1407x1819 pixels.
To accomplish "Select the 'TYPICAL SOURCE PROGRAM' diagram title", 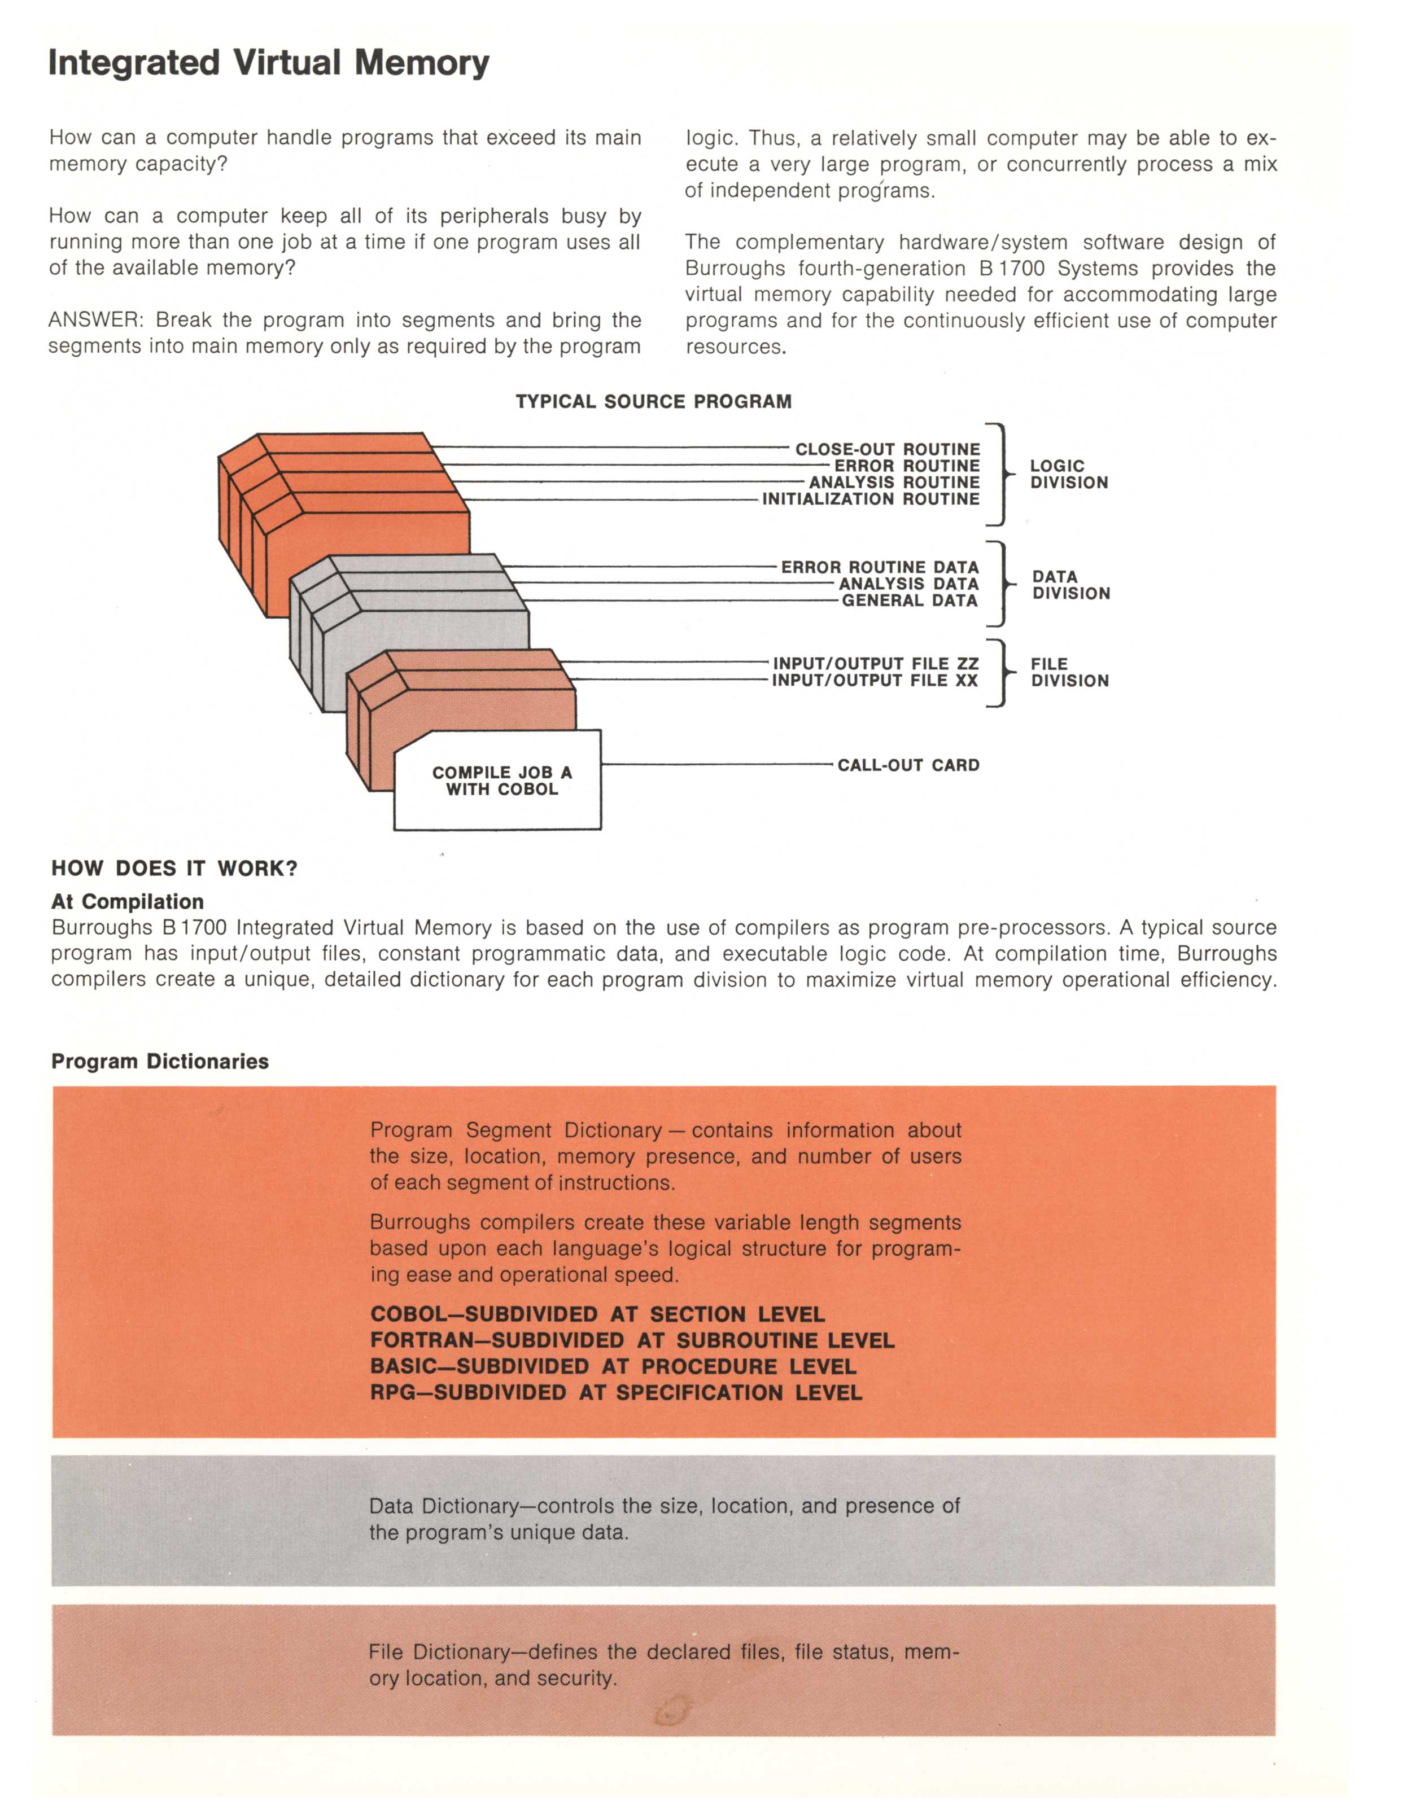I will [653, 401].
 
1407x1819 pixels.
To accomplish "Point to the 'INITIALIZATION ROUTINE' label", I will [871, 499].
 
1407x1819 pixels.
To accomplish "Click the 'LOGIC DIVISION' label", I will [1068, 474].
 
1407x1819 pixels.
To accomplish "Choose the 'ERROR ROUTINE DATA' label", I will [880, 567].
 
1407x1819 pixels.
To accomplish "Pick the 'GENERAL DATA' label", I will [909, 601].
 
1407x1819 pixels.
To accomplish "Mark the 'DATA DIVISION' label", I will [1070, 585].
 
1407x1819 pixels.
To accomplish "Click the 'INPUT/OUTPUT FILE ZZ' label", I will [876, 663].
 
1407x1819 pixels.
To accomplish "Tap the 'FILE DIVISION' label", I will [1069, 672].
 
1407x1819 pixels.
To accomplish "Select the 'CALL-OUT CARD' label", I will [908, 765].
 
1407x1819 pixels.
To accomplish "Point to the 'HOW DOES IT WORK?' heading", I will [174, 868].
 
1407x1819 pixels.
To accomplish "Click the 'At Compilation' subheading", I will [128, 901].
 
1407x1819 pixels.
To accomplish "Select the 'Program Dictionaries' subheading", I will [160, 1061].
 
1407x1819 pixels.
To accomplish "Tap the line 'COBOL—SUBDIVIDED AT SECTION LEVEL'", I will [597, 1314].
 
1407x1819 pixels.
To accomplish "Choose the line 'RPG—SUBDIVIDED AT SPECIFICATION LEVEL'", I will [615, 1392].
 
